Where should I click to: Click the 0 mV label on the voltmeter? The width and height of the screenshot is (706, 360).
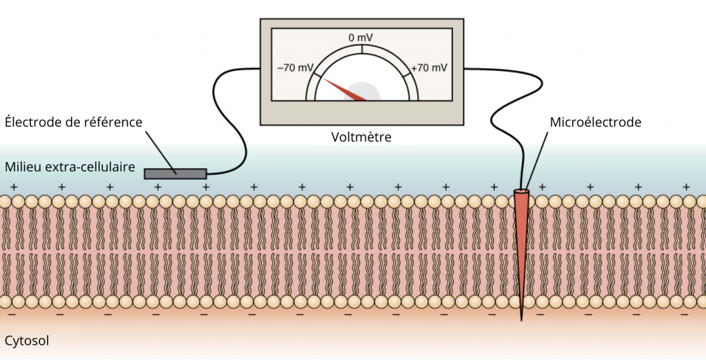[361, 38]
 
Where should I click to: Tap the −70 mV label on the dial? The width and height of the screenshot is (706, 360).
[295, 68]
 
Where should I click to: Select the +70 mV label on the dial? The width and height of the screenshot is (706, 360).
[429, 68]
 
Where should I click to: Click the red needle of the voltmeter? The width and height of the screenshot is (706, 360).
[345, 90]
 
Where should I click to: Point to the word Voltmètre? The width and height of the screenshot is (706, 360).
[361, 137]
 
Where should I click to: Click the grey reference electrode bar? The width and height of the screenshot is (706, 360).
[176, 174]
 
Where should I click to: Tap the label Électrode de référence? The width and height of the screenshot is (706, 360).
[74, 122]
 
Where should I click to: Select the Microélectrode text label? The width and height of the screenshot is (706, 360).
[595, 122]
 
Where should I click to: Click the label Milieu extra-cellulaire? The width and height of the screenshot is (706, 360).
[70, 167]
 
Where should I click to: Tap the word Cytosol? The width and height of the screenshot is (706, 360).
[27, 341]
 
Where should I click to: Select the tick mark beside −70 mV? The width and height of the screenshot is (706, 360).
[318, 74]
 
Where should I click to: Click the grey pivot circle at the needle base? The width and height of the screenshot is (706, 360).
[362, 92]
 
